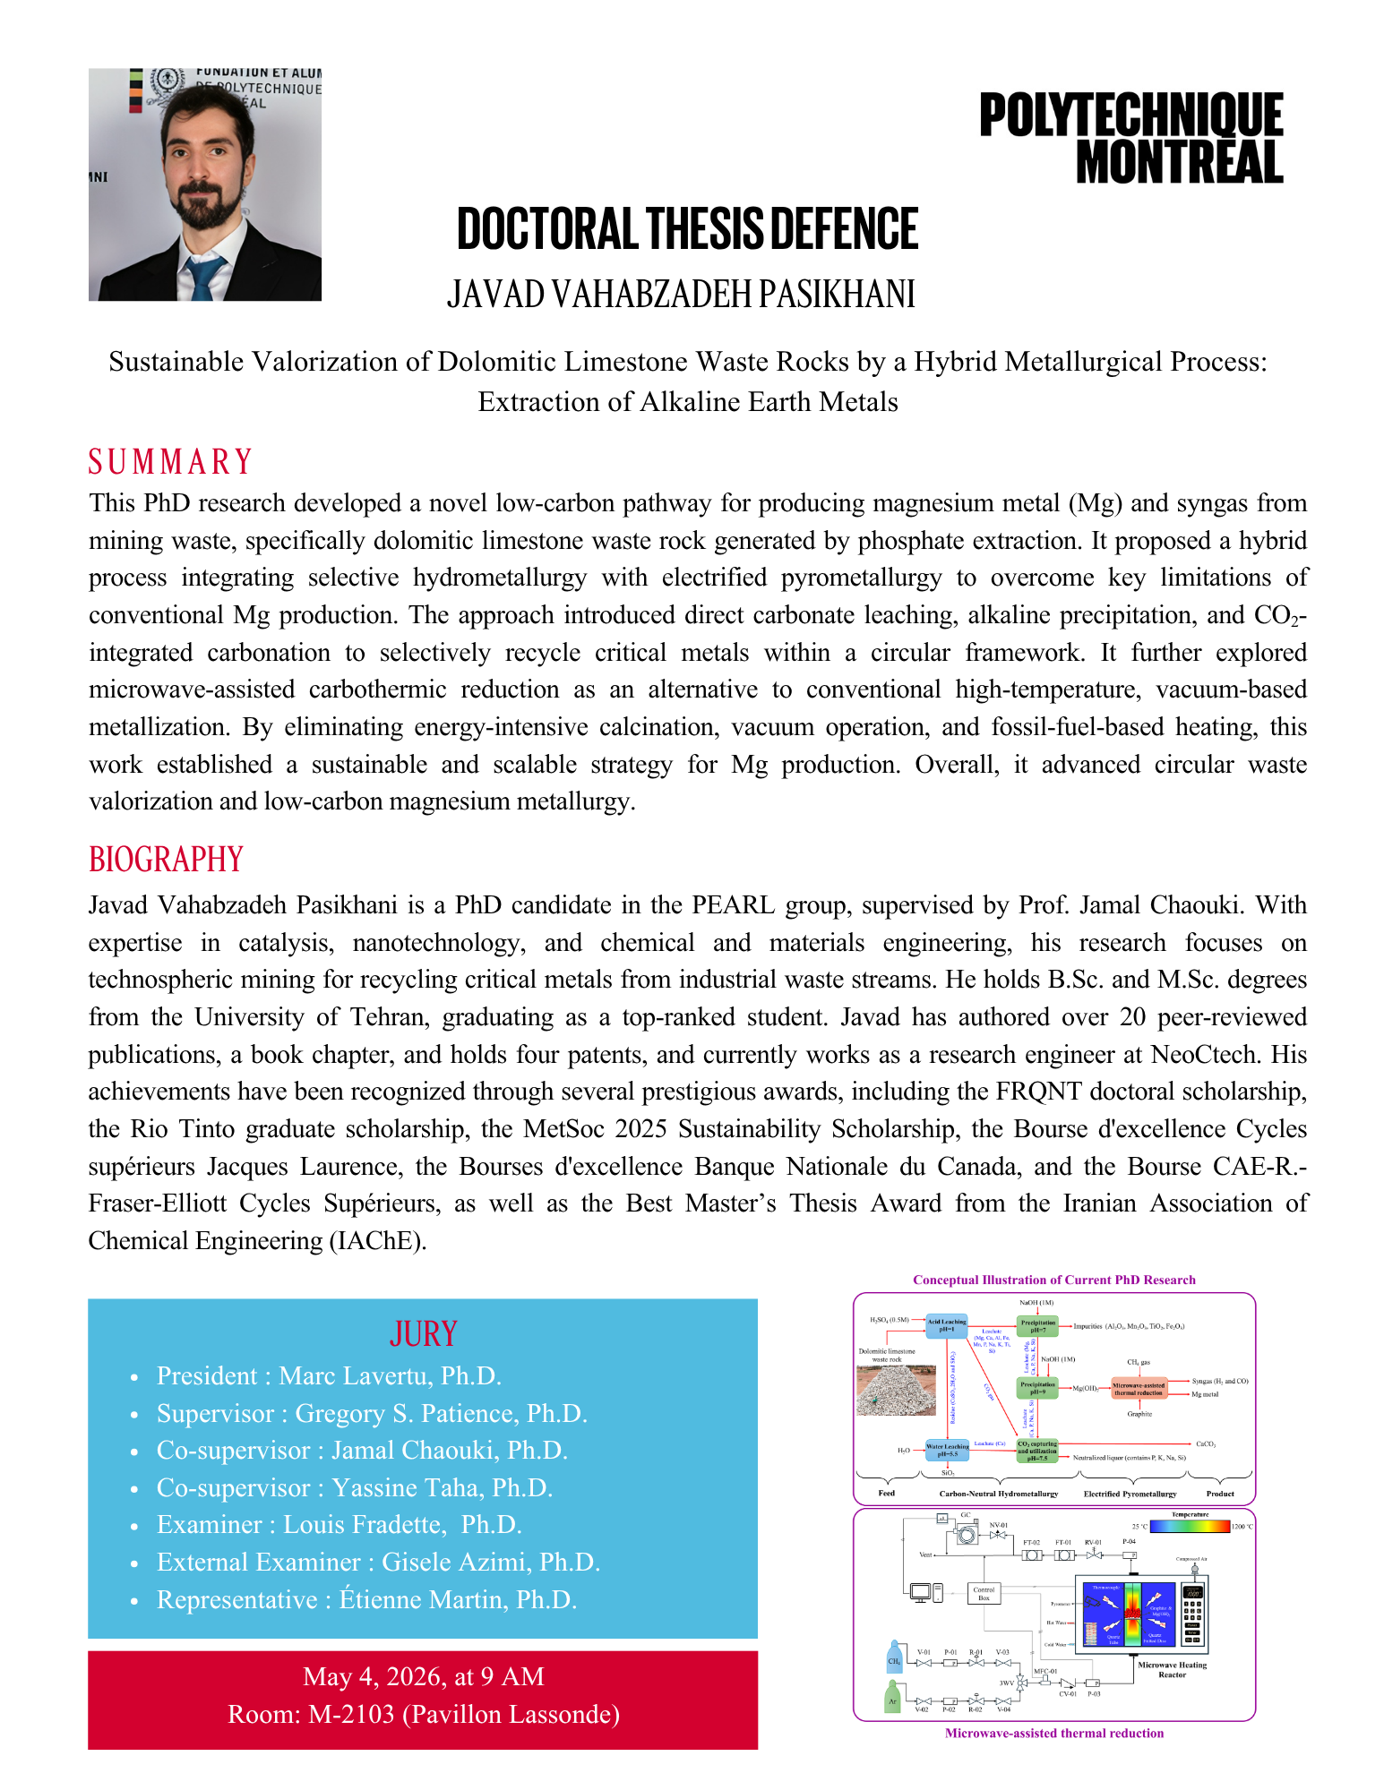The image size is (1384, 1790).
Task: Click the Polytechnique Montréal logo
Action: (1130, 138)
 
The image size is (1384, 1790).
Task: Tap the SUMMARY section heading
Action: (170, 462)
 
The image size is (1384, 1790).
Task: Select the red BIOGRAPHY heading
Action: (166, 860)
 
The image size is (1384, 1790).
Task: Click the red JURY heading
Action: (423, 1334)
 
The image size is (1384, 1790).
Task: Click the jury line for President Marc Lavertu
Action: (328, 1375)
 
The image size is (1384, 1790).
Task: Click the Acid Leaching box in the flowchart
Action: (946, 1325)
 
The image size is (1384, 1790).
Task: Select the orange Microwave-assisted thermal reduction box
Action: (1139, 1389)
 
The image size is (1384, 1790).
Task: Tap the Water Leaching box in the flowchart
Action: (947, 1450)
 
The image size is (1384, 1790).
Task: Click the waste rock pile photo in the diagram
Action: (896, 1390)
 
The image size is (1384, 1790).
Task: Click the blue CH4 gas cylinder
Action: (894, 1657)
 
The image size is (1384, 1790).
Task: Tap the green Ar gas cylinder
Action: (892, 1698)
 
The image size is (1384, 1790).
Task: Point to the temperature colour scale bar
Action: (1190, 1527)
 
